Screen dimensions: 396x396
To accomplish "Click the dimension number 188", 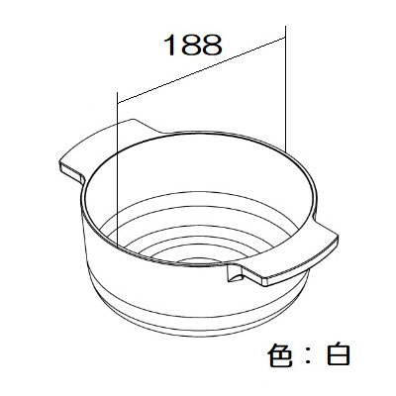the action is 193,45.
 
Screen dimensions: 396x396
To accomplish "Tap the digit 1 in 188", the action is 170,45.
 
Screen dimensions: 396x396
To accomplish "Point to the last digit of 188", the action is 212,45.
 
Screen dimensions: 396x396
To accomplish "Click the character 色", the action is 280,354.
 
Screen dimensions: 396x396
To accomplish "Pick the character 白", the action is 339,354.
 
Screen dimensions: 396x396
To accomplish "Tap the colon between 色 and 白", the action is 309,355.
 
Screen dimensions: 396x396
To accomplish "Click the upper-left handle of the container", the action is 106,148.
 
